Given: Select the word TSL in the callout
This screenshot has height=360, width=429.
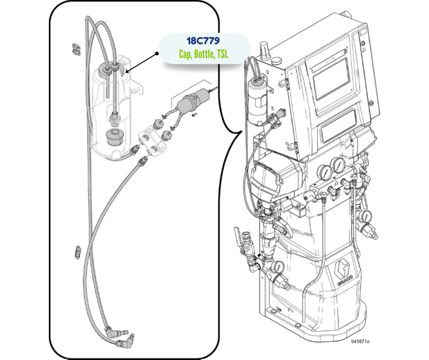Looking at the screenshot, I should pos(222,54).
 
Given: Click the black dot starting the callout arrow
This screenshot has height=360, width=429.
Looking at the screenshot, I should pos(157,53).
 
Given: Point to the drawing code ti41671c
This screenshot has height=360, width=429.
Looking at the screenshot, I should pos(360,341).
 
